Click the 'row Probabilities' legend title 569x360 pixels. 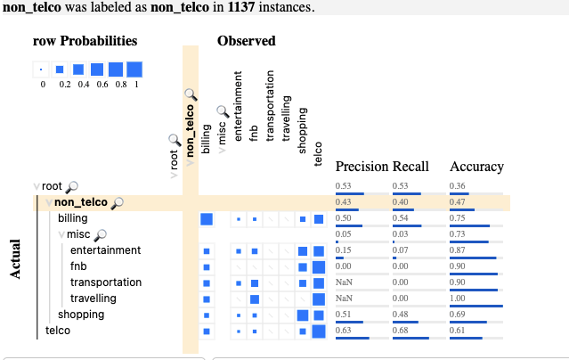tap(85, 41)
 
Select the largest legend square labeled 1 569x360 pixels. tap(134, 69)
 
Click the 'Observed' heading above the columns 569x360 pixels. tap(247, 41)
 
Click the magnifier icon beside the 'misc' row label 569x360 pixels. tap(101, 234)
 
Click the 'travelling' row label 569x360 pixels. tap(93, 299)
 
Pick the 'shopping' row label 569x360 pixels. tap(81, 315)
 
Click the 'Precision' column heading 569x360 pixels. tap(362, 167)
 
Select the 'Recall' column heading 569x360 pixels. tap(410, 167)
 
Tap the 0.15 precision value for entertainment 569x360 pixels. tap(343, 250)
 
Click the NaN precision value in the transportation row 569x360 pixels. tap(344, 282)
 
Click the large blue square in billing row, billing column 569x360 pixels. tap(207, 219)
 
